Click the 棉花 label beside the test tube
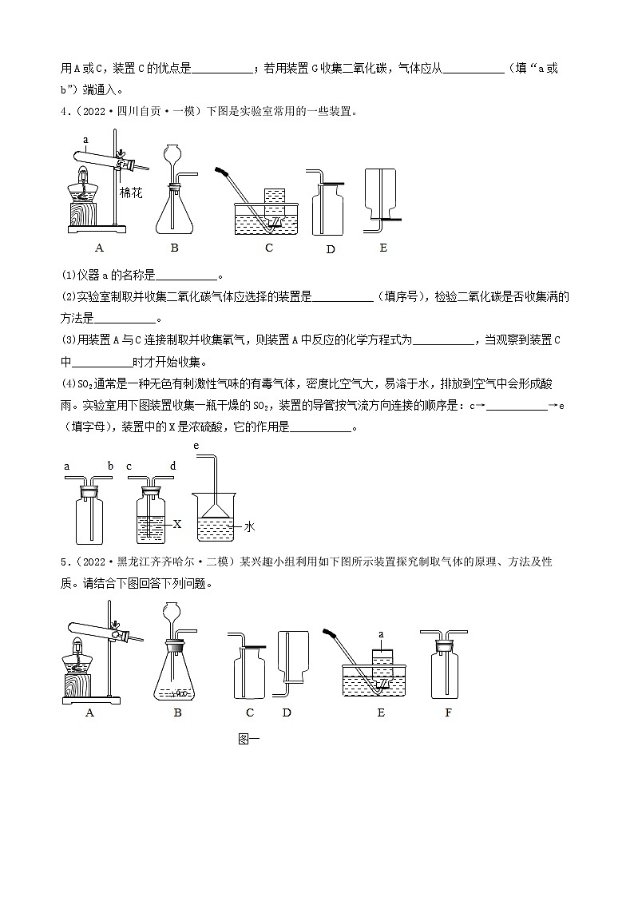(x=130, y=192)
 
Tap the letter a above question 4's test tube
(x=84, y=139)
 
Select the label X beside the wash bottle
(x=177, y=524)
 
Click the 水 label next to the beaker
(x=249, y=526)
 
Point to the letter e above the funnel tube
(x=196, y=445)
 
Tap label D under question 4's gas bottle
(x=331, y=249)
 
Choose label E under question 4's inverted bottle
(x=383, y=248)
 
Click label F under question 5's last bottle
(x=448, y=712)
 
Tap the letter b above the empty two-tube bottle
(x=110, y=466)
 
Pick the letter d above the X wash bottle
(x=172, y=466)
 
